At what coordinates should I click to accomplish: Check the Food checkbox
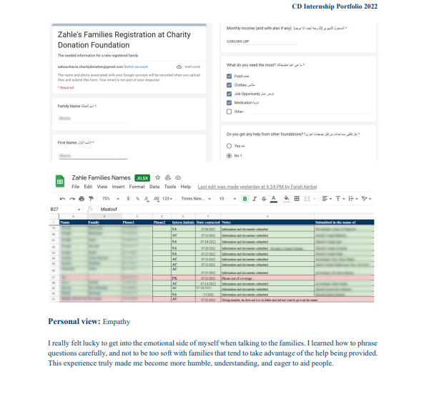(x=229, y=74)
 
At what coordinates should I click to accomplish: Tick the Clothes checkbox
(x=229, y=84)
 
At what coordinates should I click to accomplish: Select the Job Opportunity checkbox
(x=229, y=93)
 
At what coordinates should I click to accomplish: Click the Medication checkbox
(x=229, y=102)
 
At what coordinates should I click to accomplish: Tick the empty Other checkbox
(x=229, y=112)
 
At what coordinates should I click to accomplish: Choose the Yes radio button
(x=229, y=145)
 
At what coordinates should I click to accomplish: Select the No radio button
(x=229, y=155)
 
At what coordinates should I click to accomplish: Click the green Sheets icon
(x=61, y=181)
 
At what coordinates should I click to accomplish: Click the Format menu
(x=135, y=186)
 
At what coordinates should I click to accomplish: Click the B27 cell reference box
(x=55, y=209)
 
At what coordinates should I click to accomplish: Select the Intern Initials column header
(x=182, y=222)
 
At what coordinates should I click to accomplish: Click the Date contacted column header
(x=207, y=222)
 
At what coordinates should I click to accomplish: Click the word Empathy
(x=118, y=322)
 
